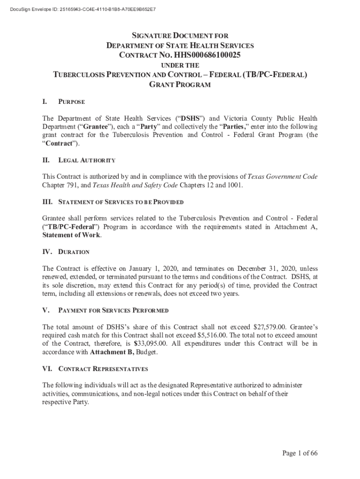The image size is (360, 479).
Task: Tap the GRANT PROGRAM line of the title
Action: (180, 85)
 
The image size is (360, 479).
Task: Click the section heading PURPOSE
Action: (71, 102)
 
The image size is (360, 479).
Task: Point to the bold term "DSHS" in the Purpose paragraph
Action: (192, 118)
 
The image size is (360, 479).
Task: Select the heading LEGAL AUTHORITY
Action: (86, 160)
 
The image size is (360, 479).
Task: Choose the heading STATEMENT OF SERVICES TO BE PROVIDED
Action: (121, 202)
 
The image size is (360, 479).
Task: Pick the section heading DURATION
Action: (73, 252)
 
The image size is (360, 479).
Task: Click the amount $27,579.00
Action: (273, 327)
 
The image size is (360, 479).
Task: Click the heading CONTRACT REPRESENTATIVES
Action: (102, 369)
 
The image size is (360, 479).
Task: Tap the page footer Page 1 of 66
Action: (300, 453)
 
